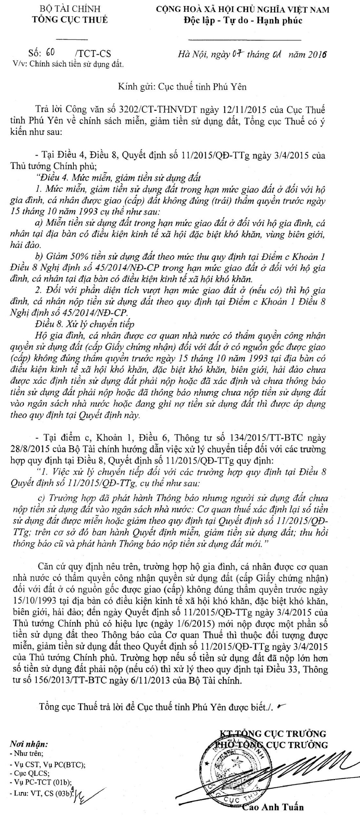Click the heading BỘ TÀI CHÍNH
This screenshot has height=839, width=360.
point(70,9)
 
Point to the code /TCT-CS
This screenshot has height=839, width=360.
point(93,53)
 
